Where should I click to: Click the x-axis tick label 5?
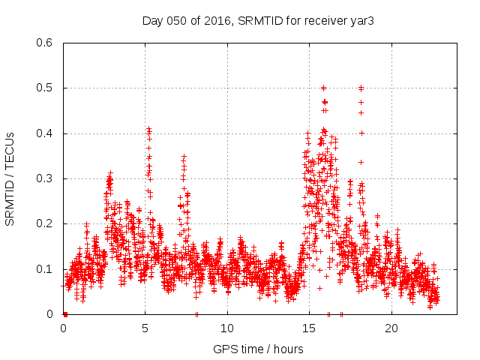(x=145, y=328)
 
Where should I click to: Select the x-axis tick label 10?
(x=227, y=328)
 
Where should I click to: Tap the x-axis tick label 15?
(x=309, y=328)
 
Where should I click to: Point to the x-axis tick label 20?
(x=391, y=328)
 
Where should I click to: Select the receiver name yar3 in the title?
(x=361, y=20)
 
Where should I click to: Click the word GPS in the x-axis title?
(x=224, y=349)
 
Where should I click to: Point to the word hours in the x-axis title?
(x=289, y=349)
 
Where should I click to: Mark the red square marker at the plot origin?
(x=65, y=314)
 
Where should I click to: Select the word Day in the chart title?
(x=152, y=20)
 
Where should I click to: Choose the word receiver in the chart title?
(x=324, y=20)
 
